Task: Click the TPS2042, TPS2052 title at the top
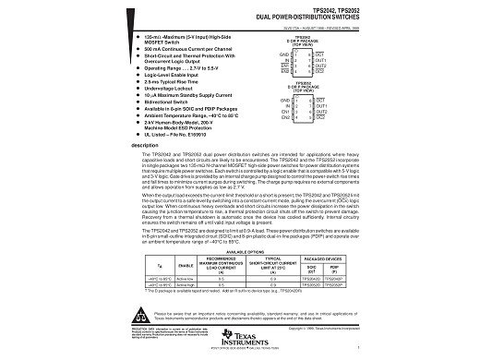tap(315, 10)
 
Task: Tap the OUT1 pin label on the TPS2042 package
tap(319, 60)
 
